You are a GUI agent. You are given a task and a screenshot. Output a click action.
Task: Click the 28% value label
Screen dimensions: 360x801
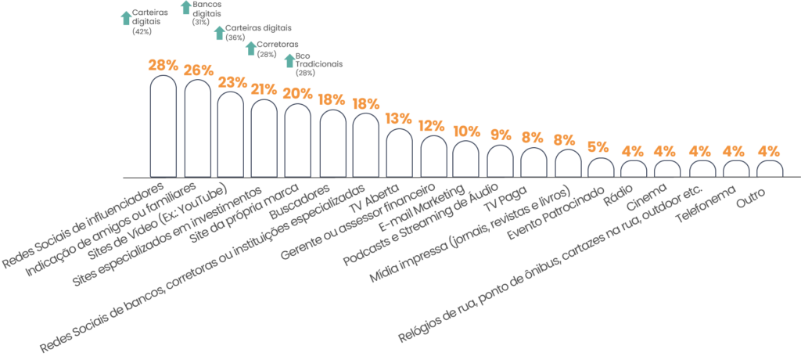click(x=198, y=70)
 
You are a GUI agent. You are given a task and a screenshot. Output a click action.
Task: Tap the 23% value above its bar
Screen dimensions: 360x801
click(x=232, y=81)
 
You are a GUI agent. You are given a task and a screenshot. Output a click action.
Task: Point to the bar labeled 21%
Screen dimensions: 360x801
click(x=264, y=138)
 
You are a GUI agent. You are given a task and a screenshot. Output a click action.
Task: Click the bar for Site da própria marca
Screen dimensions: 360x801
click(x=298, y=141)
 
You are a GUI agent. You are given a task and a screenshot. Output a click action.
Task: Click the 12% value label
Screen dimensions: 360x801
click(x=432, y=125)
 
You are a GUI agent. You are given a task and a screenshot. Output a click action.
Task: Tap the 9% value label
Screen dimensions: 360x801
click(x=500, y=135)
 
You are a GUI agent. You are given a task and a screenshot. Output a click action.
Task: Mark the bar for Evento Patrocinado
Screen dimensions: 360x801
click(x=600, y=168)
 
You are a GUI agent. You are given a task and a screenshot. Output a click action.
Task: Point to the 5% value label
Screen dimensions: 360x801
click(x=598, y=146)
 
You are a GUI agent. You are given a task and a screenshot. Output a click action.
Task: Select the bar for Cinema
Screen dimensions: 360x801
click(x=667, y=169)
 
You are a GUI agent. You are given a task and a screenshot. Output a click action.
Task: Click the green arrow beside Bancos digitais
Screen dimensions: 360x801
click(x=185, y=7)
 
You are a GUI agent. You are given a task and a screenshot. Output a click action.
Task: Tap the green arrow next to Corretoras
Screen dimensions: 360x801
click(x=251, y=49)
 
